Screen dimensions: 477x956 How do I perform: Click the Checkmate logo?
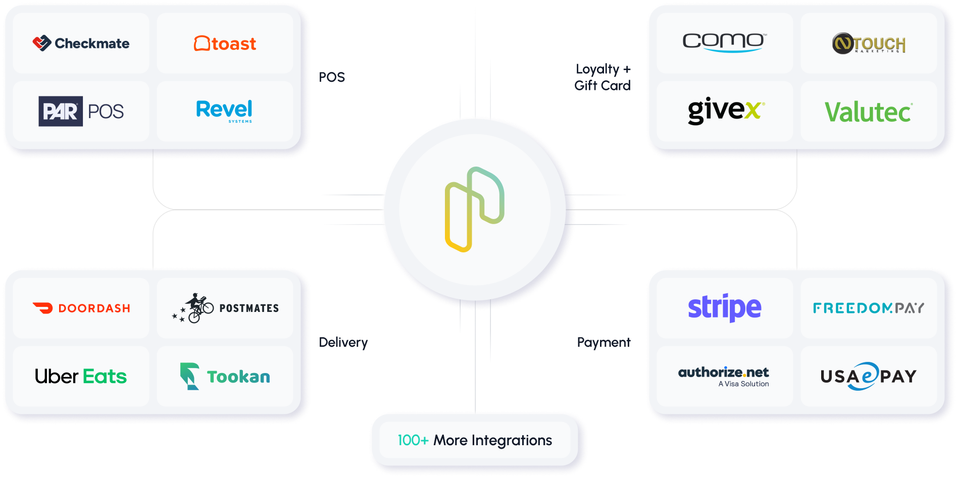[81, 43]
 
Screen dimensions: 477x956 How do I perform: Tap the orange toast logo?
[225, 43]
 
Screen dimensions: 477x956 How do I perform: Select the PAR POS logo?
[81, 111]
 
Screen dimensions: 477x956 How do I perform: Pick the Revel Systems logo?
[224, 111]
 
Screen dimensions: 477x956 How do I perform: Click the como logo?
[724, 42]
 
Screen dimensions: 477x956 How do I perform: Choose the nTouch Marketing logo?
[869, 44]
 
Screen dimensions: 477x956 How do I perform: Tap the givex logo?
[726, 111]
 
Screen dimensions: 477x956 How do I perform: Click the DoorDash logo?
[81, 308]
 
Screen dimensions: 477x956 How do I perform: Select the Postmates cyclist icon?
[194, 307]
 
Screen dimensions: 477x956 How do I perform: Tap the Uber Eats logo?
[81, 377]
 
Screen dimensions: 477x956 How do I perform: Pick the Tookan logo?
[225, 377]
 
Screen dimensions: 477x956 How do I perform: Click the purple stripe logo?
[724, 307]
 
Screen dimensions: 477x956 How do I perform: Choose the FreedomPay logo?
[869, 308]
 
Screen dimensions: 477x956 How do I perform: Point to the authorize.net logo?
[724, 376]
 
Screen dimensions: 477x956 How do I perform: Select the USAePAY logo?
[869, 377]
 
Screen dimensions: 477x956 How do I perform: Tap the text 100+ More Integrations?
[475, 440]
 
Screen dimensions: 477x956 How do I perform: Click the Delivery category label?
[343, 343]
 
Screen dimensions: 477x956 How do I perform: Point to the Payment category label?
[603, 343]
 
